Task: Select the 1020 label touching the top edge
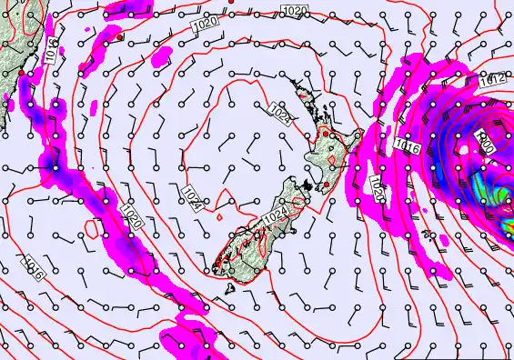(x=294, y=10)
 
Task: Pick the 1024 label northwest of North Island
(x=281, y=116)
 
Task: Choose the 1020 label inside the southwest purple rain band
(x=130, y=219)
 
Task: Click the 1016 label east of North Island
(x=406, y=144)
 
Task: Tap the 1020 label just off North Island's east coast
(x=375, y=189)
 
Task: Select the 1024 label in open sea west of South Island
(x=190, y=194)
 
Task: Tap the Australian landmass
(x=11, y=45)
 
